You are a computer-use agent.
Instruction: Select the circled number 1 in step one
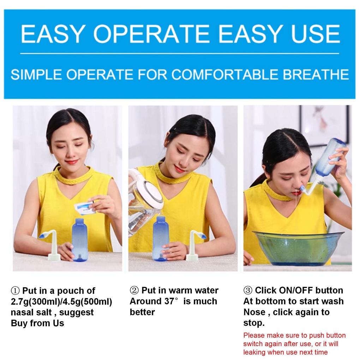tap(15, 291)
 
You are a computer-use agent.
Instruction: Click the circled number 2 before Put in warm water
tap(134, 291)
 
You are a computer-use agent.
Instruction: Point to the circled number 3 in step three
tap(248, 291)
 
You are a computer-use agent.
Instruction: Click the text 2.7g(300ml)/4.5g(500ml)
tap(61, 302)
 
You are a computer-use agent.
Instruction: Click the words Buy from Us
tap(37, 323)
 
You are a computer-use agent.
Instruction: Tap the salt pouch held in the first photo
tap(85, 208)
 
